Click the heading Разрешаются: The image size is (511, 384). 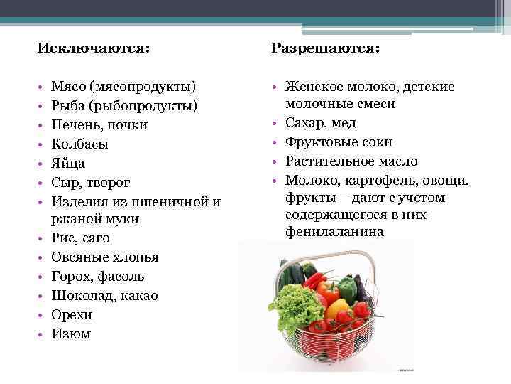(325, 47)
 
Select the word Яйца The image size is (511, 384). (68, 163)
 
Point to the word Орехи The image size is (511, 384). (72, 314)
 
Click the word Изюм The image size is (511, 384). (71, 334)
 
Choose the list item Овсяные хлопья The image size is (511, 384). (104, 257)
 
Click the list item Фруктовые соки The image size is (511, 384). (338, 142)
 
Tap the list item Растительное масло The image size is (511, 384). (351, 161)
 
